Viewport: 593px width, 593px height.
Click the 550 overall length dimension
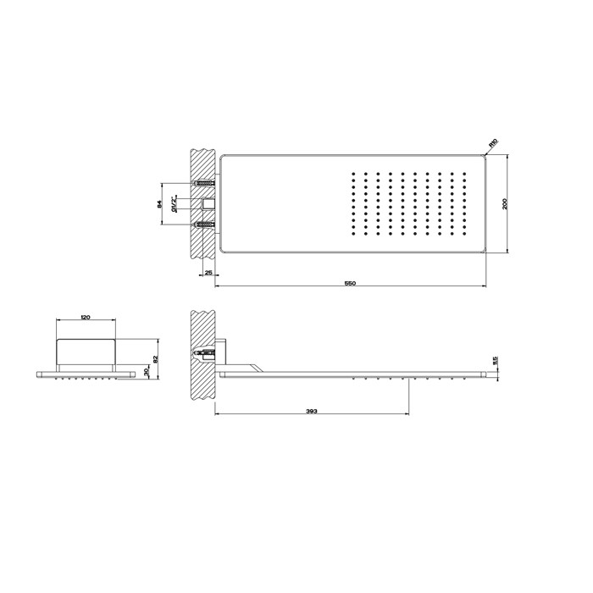click(350, 282)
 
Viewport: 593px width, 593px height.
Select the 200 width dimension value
click(506, 203)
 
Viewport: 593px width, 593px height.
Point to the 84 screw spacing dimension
click(159, 203)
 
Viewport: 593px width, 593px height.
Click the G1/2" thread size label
click(174, 203)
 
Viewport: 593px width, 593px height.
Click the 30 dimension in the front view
click(147, 373)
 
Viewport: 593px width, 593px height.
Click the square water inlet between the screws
click(209, 203)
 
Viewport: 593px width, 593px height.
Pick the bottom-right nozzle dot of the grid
click(463, 233)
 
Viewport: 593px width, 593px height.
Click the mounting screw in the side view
click(203, 352)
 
